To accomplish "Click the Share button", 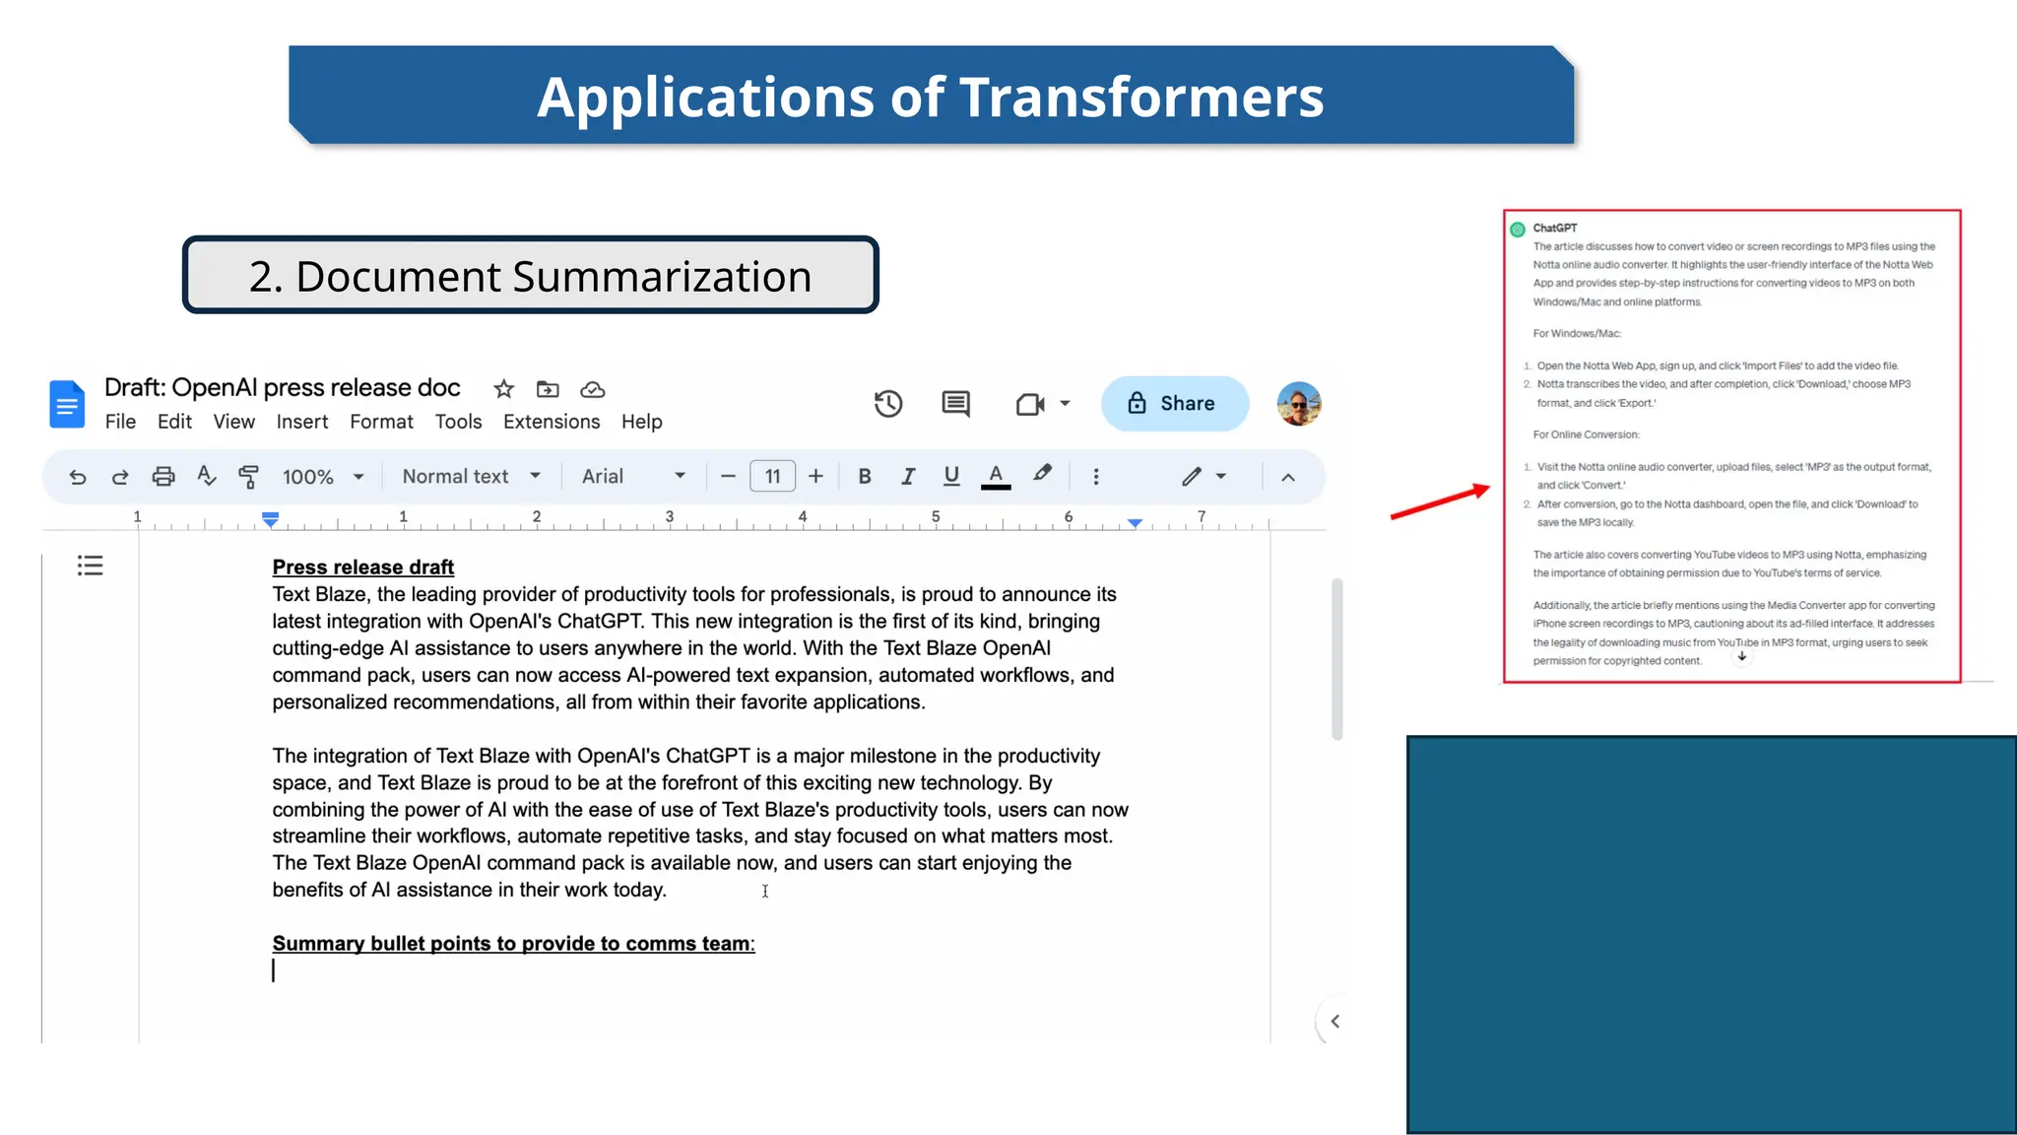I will point(1175,404).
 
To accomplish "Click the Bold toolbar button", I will point(865,477).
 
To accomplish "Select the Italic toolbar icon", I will point(908,477).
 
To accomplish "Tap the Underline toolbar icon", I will point(951,477).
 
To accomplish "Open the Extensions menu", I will point(552,422).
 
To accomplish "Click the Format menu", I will point(381,422).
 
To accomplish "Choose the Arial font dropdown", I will point(633,477).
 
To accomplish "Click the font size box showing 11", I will point(772,477).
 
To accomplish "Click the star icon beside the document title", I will point(504,389).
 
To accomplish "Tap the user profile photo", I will point(1299,404).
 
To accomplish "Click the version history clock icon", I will point(888,404).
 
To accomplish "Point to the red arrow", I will point(1439,501).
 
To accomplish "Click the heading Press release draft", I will point(363,567).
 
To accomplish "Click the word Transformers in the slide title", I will point(1141,98).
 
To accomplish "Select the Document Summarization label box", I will point(531,276).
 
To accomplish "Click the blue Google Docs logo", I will point(67,404).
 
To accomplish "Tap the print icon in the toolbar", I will point(163,477).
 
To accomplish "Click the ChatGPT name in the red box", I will point(1554,228).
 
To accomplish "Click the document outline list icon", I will point(91,566).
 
